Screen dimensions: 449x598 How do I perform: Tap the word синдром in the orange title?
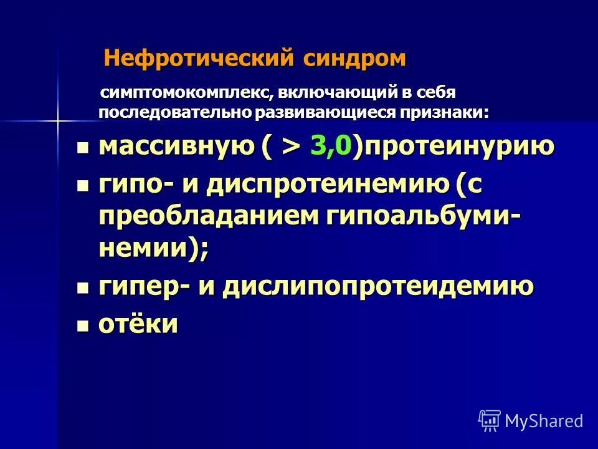tap(355, 59)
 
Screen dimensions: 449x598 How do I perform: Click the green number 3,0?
tap(331, 147)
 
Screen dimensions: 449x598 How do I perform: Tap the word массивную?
tap(176, 147)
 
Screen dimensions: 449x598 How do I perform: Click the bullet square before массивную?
tap(83, 148)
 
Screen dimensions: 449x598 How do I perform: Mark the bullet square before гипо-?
tap(83, 186)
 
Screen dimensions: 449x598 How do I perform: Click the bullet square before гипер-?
tap(83, 288)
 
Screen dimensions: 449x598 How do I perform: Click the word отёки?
tap(138, 324)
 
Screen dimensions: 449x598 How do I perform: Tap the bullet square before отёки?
tap(83, 326)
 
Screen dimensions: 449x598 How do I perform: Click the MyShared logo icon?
tap(489, 420)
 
